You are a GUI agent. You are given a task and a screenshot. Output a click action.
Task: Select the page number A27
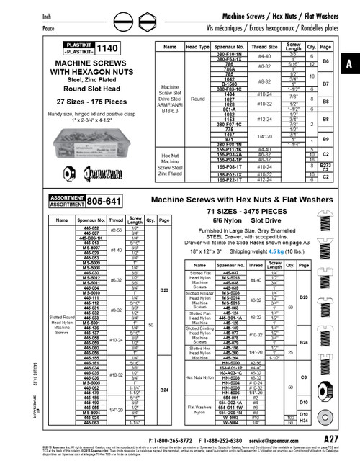[331, 439]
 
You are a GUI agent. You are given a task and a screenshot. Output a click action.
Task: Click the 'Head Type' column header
[197, 48]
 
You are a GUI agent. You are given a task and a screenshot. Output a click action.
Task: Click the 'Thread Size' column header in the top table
[264, 48]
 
